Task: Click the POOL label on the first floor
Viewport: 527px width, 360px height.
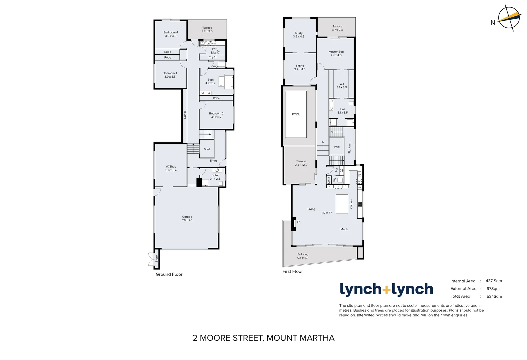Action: click(x=296, y=114)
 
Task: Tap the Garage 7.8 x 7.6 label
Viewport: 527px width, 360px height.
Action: click(x=187, y=218)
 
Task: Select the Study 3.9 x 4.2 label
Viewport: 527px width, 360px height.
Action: click(x=299, y=35)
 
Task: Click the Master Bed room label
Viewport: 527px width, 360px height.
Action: click(x=336, y=53)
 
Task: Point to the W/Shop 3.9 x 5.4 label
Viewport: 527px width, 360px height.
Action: click(x=171, y=168)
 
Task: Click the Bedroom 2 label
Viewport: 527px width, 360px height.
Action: click(x=216, y=115)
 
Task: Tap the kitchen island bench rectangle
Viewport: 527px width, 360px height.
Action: click(x=342, y=204)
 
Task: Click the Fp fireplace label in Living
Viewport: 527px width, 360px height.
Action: click(x=299, y=222)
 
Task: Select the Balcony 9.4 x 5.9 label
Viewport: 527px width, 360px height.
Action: click(x=303, y=256)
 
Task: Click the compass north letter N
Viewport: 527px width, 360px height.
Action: click(x=493, y=23)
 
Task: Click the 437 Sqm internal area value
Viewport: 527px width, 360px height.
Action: click(x=494, y=281)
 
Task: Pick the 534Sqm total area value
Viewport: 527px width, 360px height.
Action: click(x=494, y=296)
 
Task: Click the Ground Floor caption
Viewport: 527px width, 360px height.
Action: click(x=169, y=274)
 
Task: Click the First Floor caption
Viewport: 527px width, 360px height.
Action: click(x=293, y=271)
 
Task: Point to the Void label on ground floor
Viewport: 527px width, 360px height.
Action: click(x=207, y=149)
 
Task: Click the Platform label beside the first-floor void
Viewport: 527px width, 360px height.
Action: click(x=349, y=148)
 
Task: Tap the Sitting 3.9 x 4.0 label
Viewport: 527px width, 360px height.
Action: click(x=300, y=67)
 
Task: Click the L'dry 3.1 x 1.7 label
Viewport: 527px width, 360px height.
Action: click(x=215, y=51)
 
